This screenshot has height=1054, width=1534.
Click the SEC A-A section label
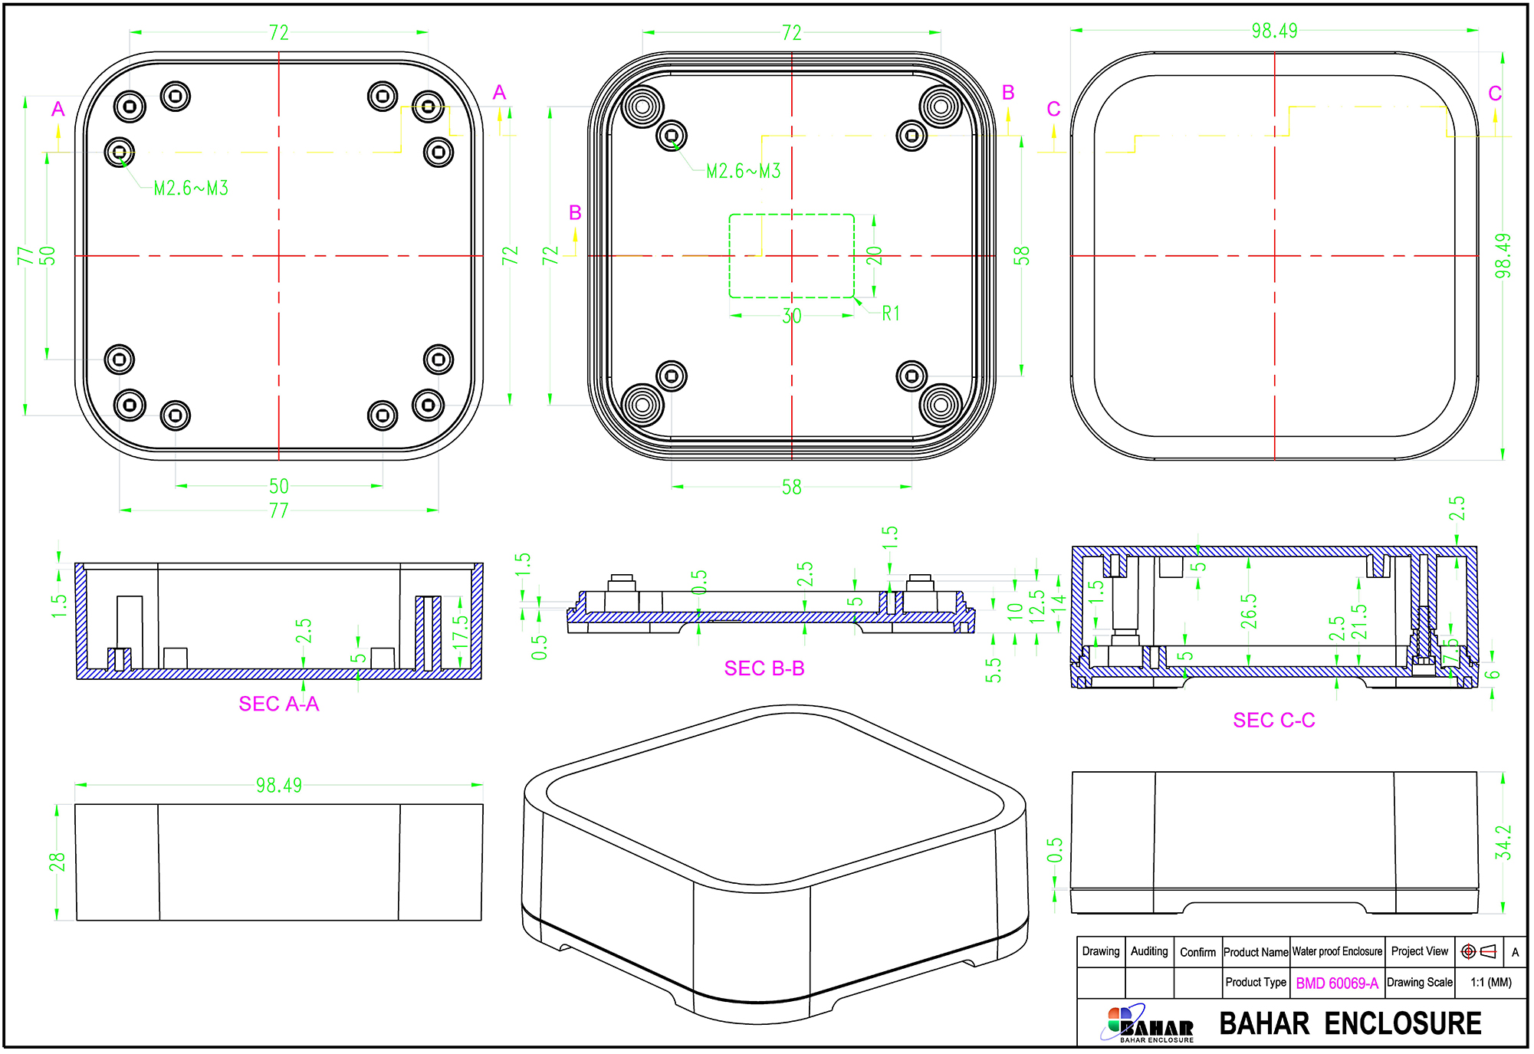(x=278, y=704)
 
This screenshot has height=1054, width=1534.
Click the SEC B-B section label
(x=764, y=668)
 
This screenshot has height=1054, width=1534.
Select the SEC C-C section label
(x=1273, y=721)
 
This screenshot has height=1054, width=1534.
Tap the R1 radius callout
(x=891, y=313)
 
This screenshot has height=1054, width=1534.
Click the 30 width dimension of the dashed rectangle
(x=792, y=316)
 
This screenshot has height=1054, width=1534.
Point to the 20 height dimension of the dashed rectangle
(x=875, y=256)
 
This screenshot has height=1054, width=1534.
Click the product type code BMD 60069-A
(x=1337, y=983)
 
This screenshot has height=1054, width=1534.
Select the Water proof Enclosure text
(x=1337, y=951)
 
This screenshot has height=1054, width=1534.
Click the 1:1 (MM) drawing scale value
(x=1491, y=983)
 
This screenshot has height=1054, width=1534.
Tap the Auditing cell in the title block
(x=1149, y=951)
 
